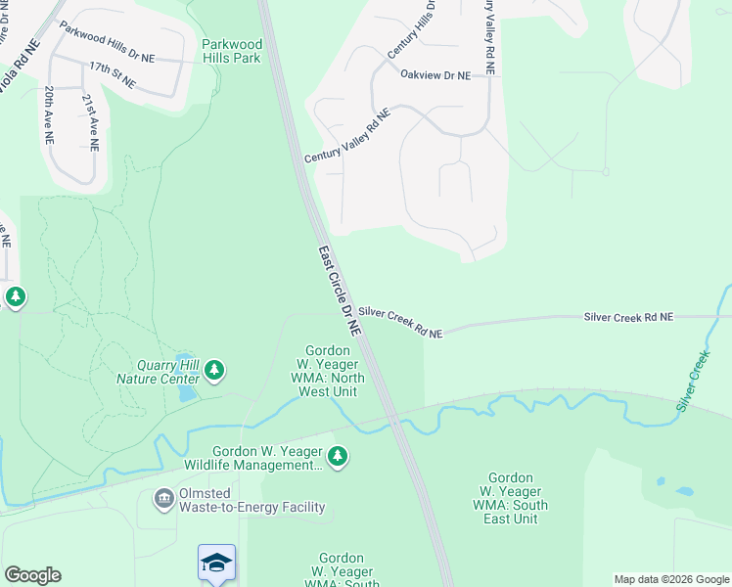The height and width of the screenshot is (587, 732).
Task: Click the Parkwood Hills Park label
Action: click(x=231, y=51)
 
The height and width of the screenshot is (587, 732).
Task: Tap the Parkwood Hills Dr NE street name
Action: click(x=107, y=43)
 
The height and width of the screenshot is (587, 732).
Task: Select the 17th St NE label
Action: click(x=112, y=74)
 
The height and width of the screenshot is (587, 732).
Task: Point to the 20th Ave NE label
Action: click(x=48, y=114)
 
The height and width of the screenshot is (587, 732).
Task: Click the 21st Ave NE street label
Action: click(x=90, y=122)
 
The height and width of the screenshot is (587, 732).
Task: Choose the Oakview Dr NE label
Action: click(x=435, y=74)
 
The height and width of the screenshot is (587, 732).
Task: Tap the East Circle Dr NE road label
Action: click(x=340, y=292)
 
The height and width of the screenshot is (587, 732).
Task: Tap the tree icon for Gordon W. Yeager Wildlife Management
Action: click(x=338, y=456)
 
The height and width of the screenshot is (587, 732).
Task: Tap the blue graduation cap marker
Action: click(x=216, y=562)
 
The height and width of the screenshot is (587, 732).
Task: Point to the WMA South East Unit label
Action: click(x=511, y=498)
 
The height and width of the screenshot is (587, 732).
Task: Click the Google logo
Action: click(x=32, y=575)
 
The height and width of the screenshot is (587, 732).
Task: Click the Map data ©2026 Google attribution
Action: click(x=670, y=579)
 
